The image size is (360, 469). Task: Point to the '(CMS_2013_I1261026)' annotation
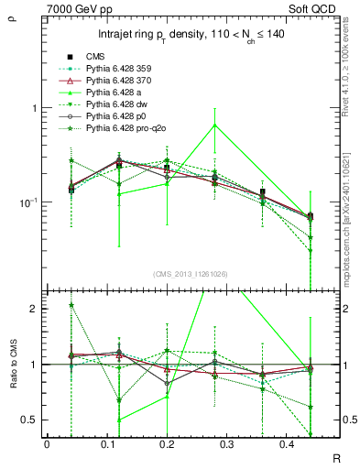pyautogui.click(x=191, y=273)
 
